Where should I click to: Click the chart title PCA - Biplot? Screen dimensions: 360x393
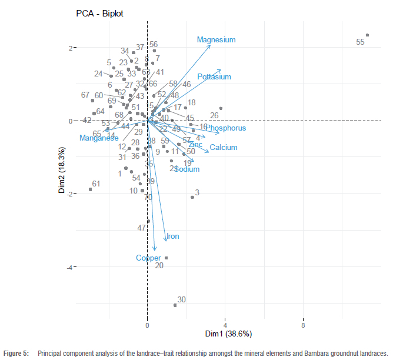(99, 13)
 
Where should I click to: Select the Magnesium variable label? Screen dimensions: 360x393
(216, 40)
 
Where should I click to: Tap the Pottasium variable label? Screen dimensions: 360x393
(214, 77)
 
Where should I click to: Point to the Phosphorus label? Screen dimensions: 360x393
(225, 128)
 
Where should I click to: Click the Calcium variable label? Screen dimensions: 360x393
(224, 148)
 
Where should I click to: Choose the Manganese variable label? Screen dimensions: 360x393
(99, 138)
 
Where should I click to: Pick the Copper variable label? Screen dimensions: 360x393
(148, 258)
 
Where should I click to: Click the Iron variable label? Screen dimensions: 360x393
(173, 237)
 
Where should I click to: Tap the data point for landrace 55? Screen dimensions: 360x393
(367, 35)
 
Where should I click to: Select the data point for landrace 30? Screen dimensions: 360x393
(175, 305)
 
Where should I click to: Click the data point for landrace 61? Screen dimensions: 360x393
(91, 189)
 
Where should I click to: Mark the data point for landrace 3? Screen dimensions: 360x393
(192, 197)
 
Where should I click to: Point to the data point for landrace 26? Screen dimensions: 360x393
(221, 108)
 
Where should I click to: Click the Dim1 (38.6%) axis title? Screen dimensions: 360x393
(228, 334)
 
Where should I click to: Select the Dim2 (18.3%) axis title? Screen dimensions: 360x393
(62, 171)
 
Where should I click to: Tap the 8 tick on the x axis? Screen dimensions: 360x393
(303, 325)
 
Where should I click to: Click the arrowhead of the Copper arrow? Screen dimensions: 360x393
(155, 250)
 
